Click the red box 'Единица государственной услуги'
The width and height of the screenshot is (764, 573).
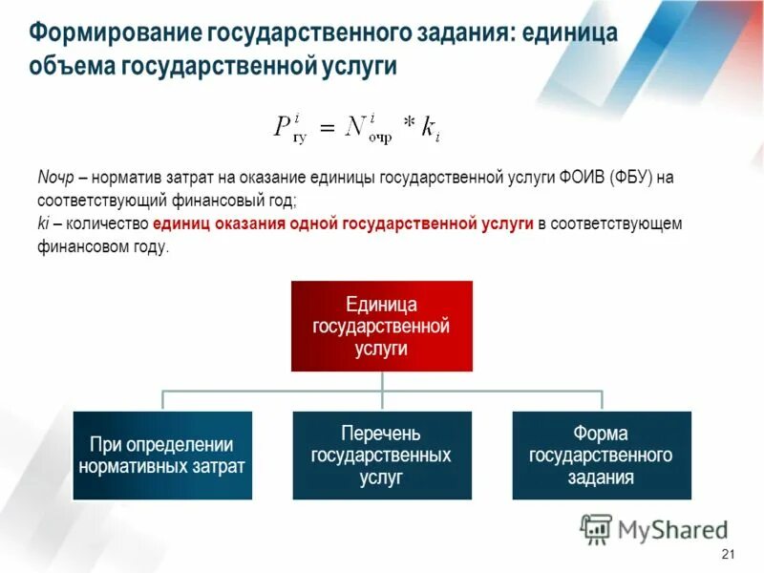pyautogui.click(x=382, y=326)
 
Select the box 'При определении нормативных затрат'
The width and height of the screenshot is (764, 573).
pyautogui.click(x=162, y=456)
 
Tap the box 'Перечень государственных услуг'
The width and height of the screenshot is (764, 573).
pyautogui.click(x=381, y=456)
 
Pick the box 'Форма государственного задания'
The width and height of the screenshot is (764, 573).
pyautogui.click(x=601, y=456)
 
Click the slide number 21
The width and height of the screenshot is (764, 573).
pyautogui.click(x=729, y=556)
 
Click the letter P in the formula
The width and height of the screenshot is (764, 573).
pyautogui.click(x=283, y=128)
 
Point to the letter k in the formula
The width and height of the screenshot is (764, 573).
pyautogui.click(x=428, y=128)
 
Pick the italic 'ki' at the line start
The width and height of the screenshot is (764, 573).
pyautogui.click(x=44, y=223)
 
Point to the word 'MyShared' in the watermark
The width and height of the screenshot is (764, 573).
pyautogui.click(x=672, y=529)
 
